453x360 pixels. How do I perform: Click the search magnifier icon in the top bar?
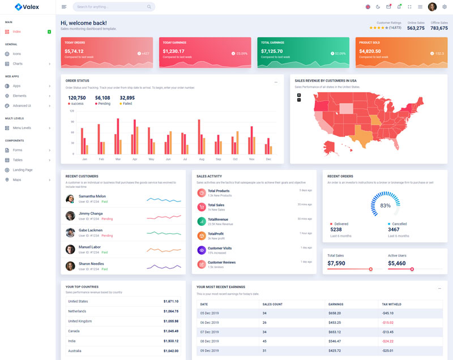pos(149,7)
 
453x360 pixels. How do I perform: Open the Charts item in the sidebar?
pos(18,63)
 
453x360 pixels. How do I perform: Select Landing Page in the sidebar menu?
pos(23,170)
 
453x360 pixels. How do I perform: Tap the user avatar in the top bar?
pos(432,7)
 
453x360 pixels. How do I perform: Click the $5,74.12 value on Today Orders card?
pos(74,51)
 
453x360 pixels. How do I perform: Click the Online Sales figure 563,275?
pos(416,28)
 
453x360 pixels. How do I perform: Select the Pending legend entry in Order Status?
pos(103,104)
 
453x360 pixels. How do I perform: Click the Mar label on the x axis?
pos(118,159)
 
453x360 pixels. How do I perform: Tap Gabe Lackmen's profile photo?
pos(70,233)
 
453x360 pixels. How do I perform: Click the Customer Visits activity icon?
pos(202,250)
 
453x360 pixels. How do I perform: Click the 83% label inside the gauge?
pos(385,205)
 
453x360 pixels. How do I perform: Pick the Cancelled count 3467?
pos(394,230)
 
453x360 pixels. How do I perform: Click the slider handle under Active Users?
pos(412,269)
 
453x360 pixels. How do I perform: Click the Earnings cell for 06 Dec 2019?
pos(335,323)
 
